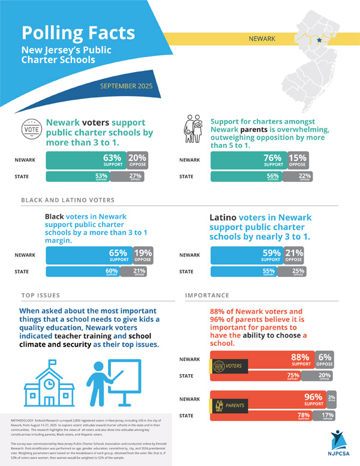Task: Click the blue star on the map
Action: [x=319, y=40]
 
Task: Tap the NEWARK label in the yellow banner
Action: [x=262, y=39]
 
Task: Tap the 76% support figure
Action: [x=273, y=160]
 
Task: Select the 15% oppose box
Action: [x=298, y=160]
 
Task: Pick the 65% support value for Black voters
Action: [x=118, y=255]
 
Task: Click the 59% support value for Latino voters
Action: [x=271, y=255]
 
